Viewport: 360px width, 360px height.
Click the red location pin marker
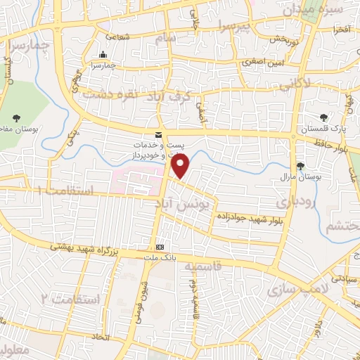pyautogui.click(x=181, y=166)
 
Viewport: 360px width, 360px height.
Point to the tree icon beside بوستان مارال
pyautogui.click(x=302, y=166)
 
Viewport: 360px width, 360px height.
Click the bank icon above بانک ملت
pyautogui.click(x=160, y=247)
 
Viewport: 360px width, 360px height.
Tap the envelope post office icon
pyautogui.click(x=158, y=134)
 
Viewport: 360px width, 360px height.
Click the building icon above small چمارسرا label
pyautogui.click(x=104, y=55)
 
